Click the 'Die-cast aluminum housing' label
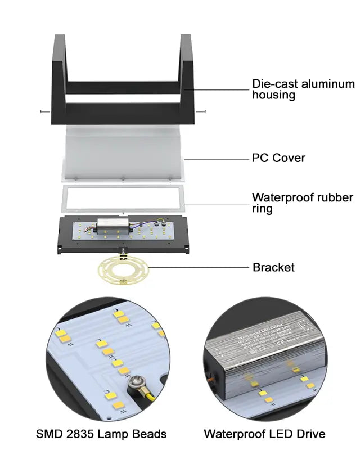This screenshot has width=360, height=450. click(x=303, y=89)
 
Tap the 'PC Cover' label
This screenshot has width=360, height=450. click(x=278, y=158)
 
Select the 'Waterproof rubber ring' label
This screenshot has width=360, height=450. click(x=302, y=203)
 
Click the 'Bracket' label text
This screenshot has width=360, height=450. click(x=273, y=267)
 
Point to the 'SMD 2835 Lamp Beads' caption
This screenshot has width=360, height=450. click(x=101, y=434)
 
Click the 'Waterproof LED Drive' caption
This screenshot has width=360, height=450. click(x=264, y=434)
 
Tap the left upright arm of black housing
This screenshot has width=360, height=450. click(x=59, y=62)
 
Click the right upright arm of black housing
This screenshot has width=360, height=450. click(x=187, y=62)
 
